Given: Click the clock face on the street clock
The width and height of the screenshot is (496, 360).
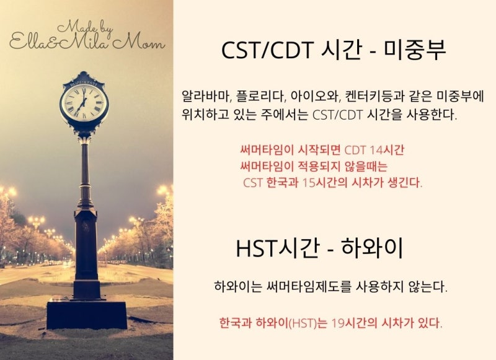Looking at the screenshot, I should [84, 102].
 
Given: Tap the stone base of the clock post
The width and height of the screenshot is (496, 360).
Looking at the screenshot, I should [86, 314].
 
